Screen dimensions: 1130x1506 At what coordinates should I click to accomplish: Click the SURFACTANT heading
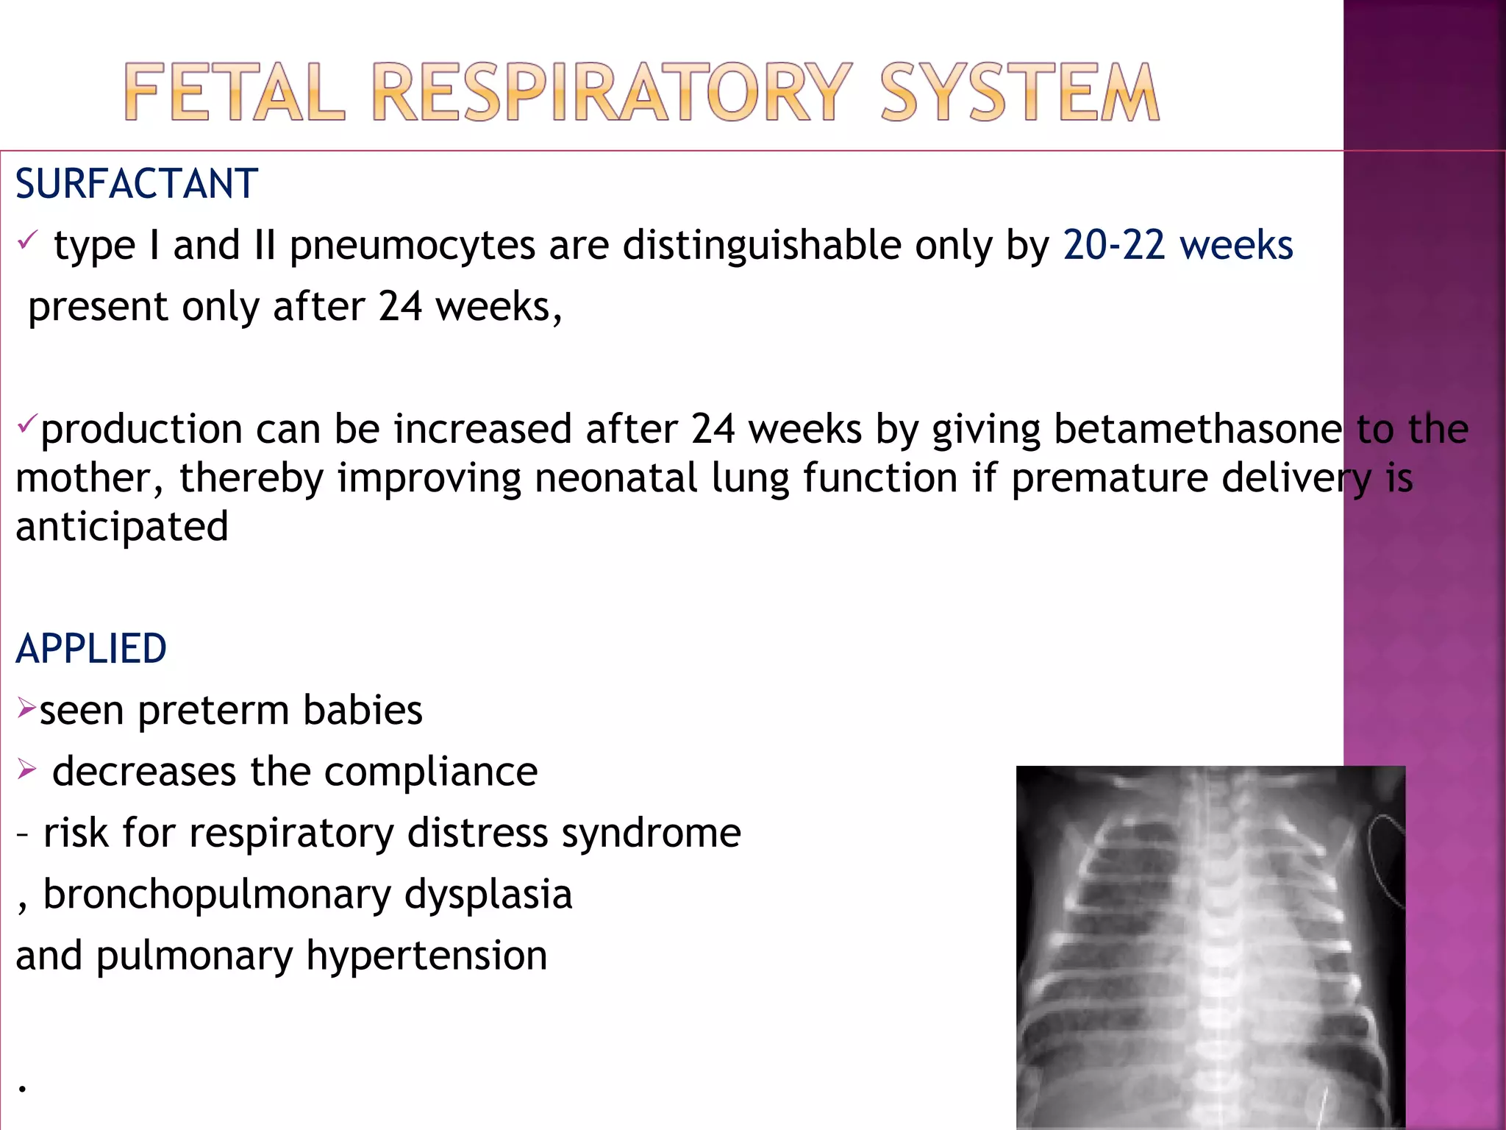(x=137, y=184)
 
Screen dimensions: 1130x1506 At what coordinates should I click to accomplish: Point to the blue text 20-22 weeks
(x=1177, y=245)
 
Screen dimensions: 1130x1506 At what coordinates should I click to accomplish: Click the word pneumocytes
(x=412, y=246)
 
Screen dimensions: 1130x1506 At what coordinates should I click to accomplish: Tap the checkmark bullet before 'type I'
(x=28, y=240)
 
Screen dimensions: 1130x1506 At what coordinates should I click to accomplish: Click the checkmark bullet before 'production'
(x=26, y=424)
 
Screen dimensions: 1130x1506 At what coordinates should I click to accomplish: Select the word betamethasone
(x=1198, y=429)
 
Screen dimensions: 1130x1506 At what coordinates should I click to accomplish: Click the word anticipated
(x=122, y=527)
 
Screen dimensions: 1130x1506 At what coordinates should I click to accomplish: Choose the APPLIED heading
(x=91, y=649)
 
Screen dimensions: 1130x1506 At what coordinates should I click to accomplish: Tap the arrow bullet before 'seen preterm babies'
(x=26, y=708)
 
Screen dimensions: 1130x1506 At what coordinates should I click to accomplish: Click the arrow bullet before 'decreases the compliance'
(x=26, y=770)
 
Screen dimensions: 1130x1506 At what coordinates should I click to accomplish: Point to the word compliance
(x=431, y=772)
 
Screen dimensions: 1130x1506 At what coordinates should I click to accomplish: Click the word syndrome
(x=651, y=834)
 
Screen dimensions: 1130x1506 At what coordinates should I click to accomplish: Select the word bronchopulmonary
(x=217, y=895)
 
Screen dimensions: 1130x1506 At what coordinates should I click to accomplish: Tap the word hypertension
(x=427, y=956)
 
